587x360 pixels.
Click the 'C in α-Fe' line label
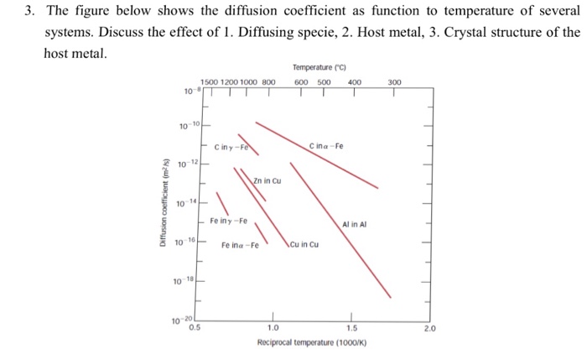(326, 145)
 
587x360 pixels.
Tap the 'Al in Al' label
(355, 224)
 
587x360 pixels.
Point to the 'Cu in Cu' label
(304, 245)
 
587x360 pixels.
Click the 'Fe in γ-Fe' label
(228, 222)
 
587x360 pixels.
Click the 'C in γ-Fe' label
(231, 145)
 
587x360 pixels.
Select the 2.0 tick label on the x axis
(429, 328)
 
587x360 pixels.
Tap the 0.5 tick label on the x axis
(195, 328)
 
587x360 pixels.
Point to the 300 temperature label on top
(395, 82)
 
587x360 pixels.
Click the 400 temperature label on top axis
(354, 82)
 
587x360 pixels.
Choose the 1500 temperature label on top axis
(209, 82)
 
